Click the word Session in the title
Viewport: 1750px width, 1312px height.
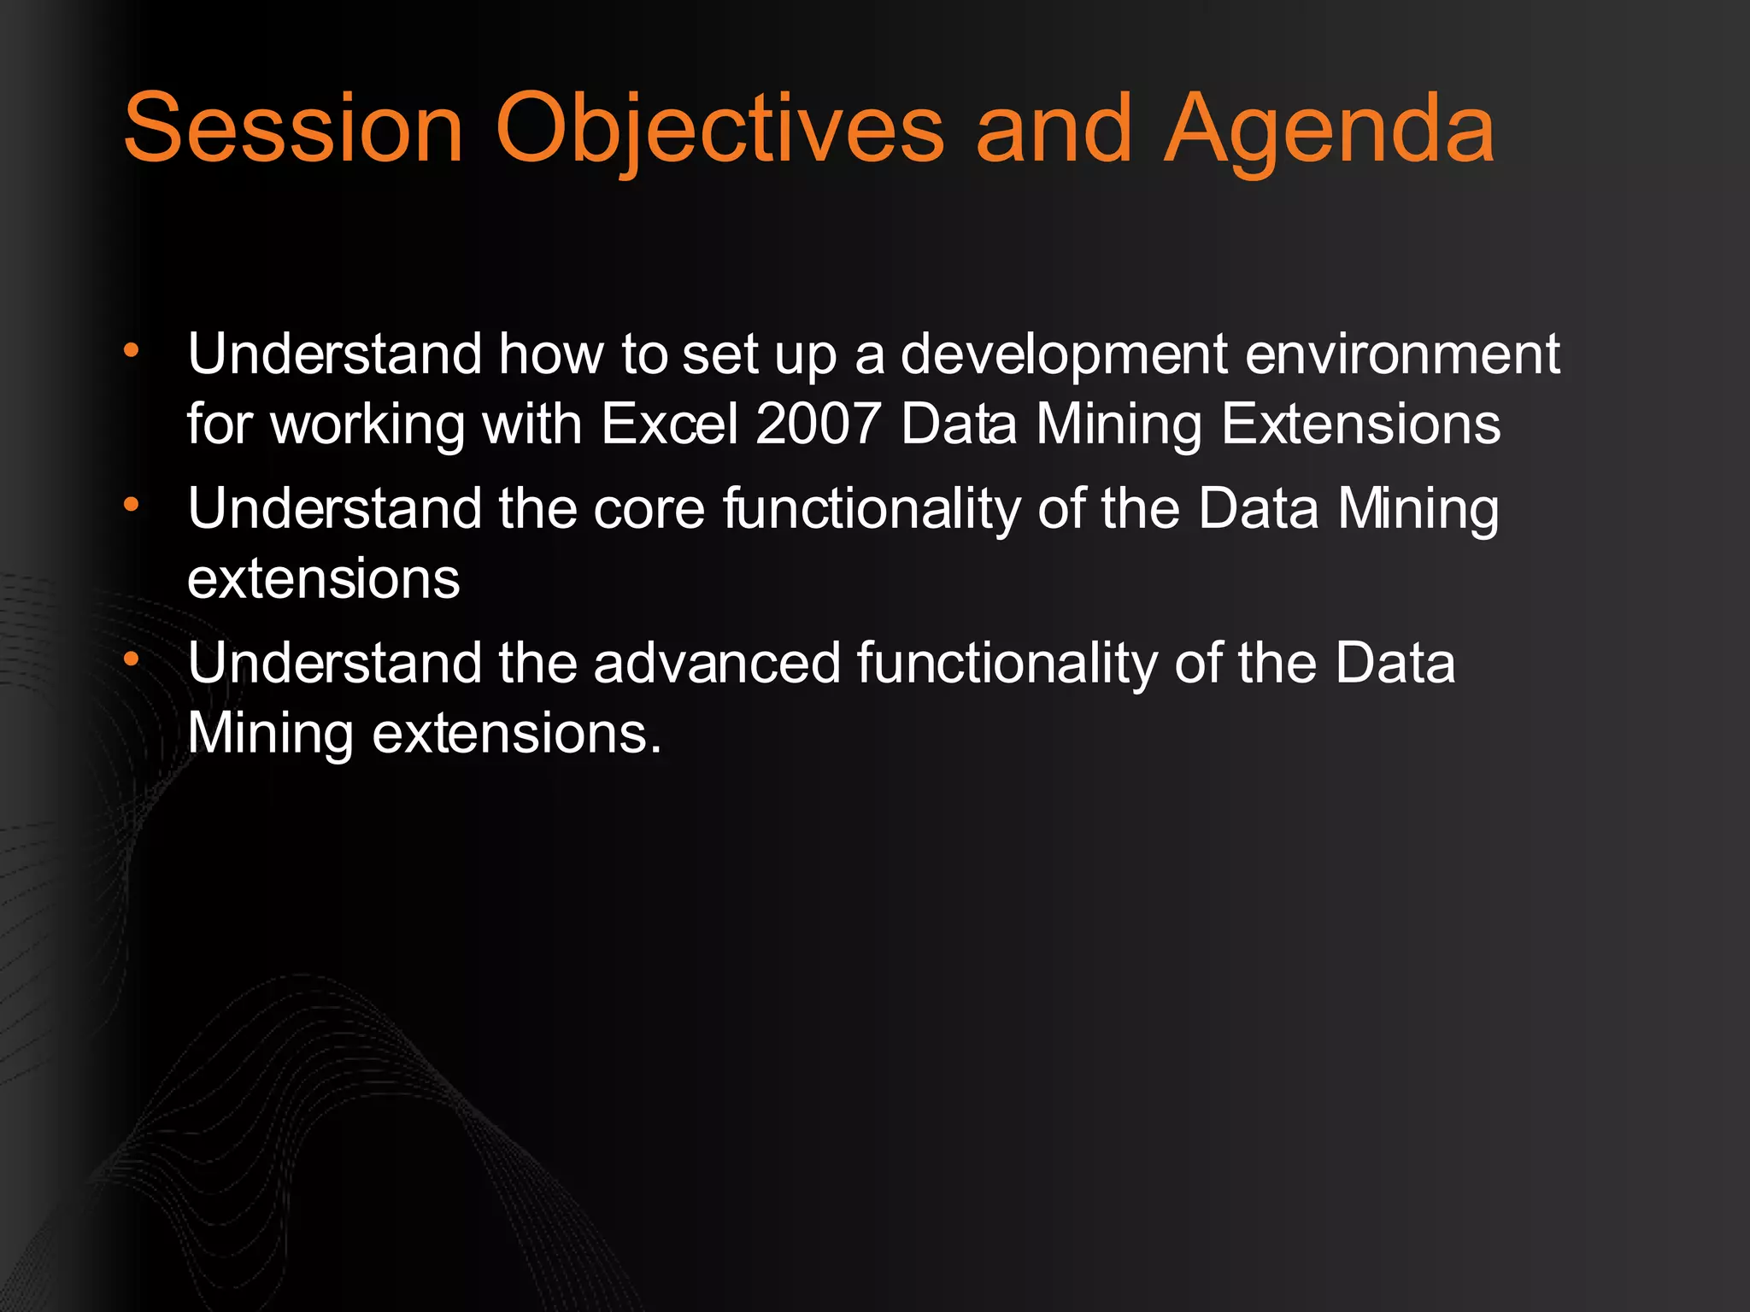point(293,130)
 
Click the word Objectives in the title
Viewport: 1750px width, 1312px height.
point(719,130)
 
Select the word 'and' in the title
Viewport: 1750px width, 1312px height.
point(1054,130)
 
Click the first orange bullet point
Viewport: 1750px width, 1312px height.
point(131,350)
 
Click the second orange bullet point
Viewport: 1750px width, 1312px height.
point(131,505)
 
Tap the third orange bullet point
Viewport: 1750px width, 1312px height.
point(131,659)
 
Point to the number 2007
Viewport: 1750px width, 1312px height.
point(818,424)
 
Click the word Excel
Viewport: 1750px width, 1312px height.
point(669,424)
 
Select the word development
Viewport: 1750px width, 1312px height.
point(1065,354)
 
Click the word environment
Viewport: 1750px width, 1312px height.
point(1402,354)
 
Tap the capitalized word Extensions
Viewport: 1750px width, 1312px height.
point(1360,424)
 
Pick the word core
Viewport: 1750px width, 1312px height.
point(649,509)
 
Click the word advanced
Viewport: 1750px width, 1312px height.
point(717,664)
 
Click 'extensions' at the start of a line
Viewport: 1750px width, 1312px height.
point(323,579)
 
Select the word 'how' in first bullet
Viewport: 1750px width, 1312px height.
point(551,354)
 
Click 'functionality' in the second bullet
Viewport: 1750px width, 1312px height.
point(872,509)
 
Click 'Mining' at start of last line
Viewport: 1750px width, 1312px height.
point(269,734)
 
